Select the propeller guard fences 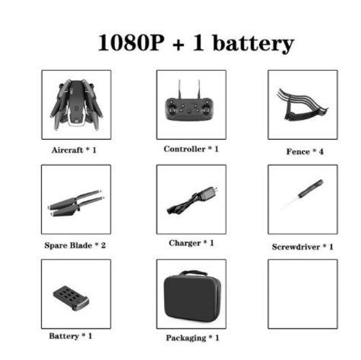pos(302,105)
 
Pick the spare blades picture pos(77,203)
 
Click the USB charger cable pos(193,201)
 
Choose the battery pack pos(71,298)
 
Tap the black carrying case pos(192,297)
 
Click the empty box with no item pos(303,294)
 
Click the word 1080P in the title pos(131,43)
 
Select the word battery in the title pos(253,44)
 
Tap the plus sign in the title pos(178,44)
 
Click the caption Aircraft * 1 pos(74,150)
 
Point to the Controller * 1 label pos(191,149)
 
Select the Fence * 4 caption pos(305,152)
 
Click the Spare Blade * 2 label pos(75,245)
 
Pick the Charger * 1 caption pos(191,243)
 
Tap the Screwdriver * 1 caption pos(303,247)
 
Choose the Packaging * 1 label pos(193,338)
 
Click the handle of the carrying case pos(193,273)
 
